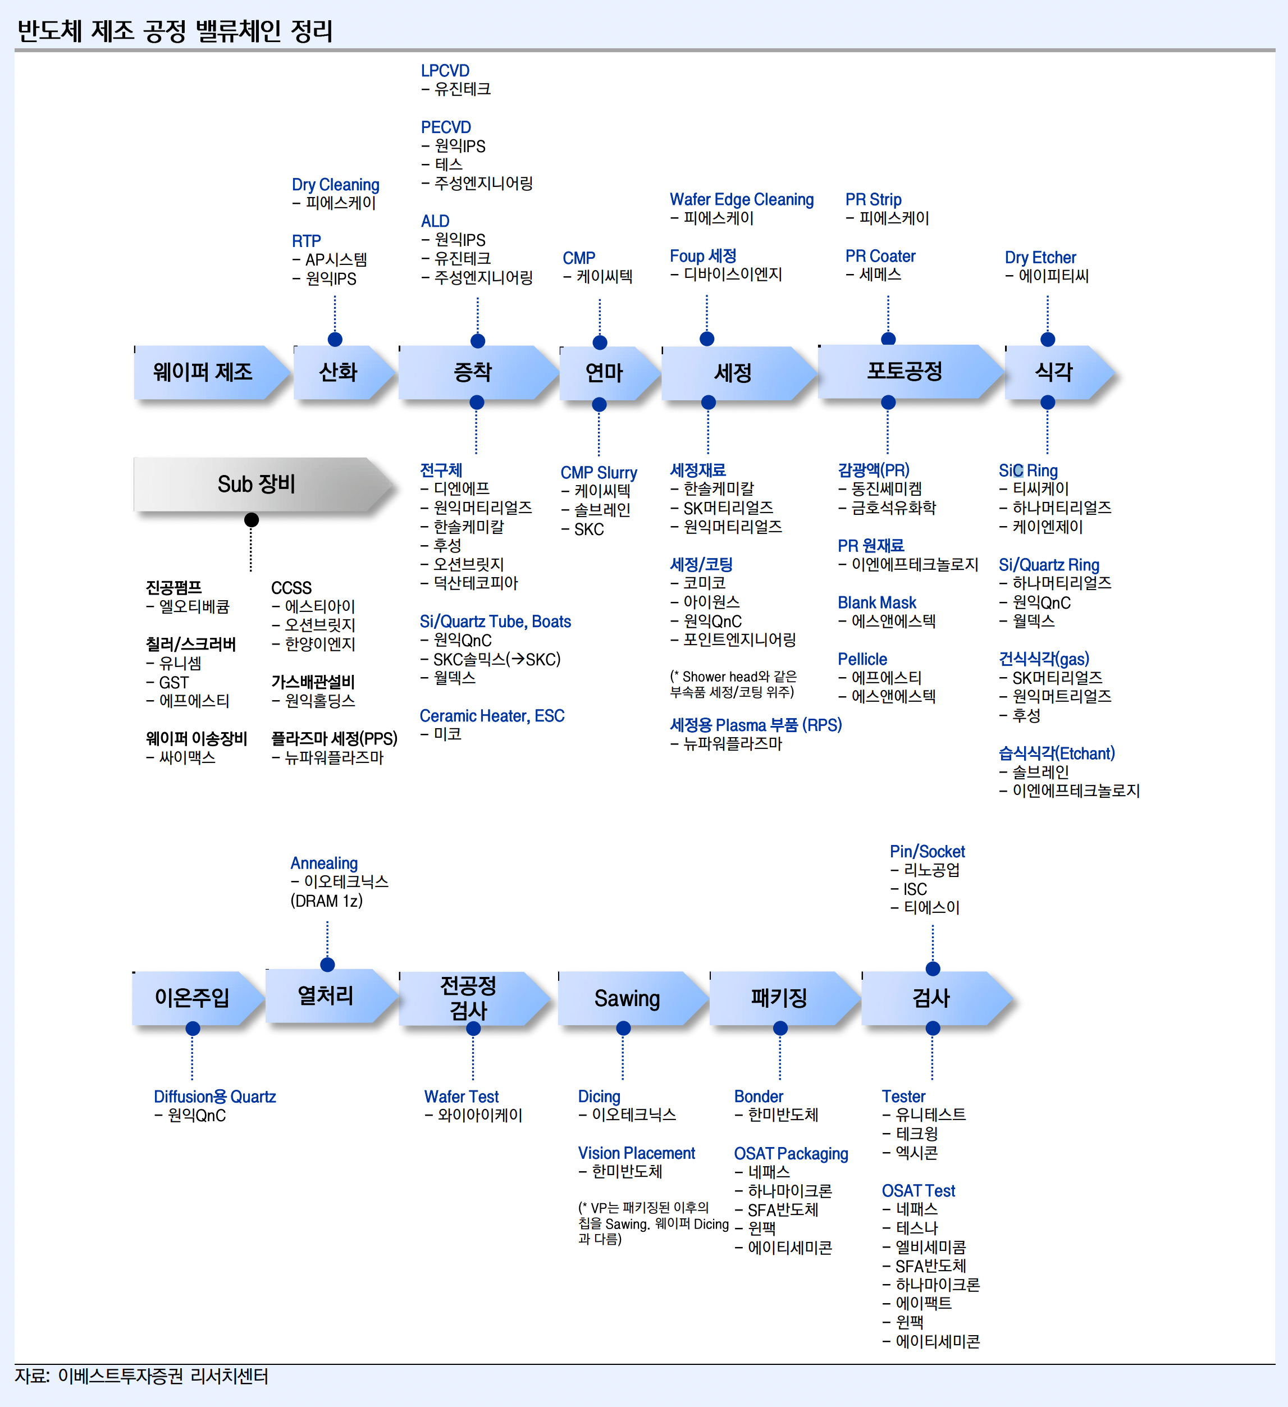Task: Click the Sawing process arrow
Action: [632, 998]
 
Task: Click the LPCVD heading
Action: [445, 71]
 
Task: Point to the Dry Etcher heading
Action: [1040, 258]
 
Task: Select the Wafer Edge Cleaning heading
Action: [741, 200]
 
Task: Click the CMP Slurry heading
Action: [599, 473]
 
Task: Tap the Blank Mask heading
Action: [877, 602]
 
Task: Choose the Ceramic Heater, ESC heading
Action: [492, 715]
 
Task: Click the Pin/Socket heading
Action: [927, 852]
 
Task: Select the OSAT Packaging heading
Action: [791, 1154]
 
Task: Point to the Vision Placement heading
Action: [637, 1153]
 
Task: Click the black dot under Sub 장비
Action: [252, 520]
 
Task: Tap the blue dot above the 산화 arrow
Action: [335, 339]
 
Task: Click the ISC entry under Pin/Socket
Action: [915, 889]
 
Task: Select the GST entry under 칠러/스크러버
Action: [173, 683]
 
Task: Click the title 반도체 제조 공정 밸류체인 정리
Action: [175, 31]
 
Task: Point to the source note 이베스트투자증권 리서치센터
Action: [163, 1376]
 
